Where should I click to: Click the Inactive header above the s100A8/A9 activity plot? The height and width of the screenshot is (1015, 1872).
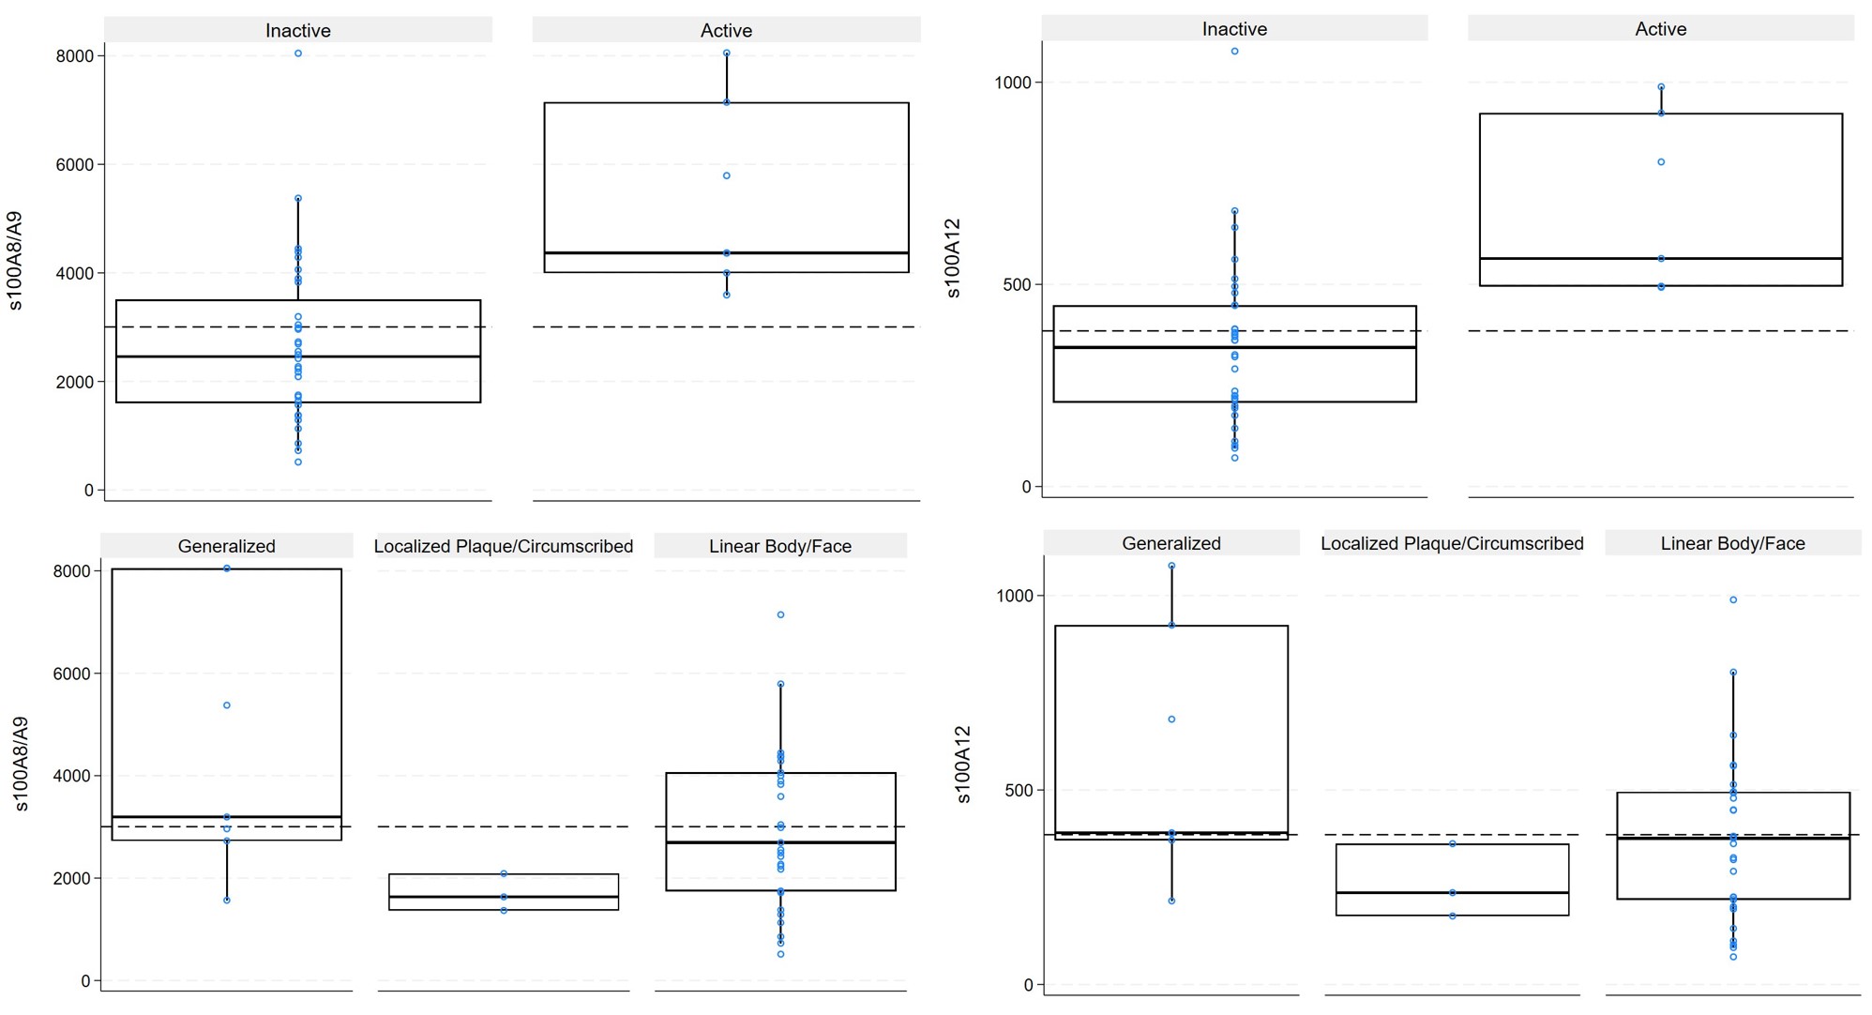coord(297,31)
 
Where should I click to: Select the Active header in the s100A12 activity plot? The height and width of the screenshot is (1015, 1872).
coord(1660,29)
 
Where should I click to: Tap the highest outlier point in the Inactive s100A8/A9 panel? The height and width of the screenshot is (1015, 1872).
coord(298,53)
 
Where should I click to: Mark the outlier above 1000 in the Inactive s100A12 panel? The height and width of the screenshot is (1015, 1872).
coord(1234,52)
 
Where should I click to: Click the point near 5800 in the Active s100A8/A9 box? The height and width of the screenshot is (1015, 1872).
coord(727,175)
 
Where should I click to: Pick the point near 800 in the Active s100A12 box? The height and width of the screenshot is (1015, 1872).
coord(1661,162)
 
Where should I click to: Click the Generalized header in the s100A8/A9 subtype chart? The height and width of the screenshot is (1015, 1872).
coord(226,546)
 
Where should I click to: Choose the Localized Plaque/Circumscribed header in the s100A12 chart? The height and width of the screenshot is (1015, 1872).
coord(1451,543)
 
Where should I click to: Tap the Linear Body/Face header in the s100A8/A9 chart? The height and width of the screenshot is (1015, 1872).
coord(779,546)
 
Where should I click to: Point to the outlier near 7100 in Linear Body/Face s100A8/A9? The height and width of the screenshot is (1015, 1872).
coord(780,614)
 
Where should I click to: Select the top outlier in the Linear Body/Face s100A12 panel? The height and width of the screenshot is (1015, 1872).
coord(1733,599)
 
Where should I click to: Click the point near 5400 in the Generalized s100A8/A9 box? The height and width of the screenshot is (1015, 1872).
coord(227,705)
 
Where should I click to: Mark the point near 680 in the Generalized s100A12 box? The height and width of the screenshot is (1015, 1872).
coord(1171,720)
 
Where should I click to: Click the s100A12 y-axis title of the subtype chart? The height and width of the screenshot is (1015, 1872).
coord(963,764)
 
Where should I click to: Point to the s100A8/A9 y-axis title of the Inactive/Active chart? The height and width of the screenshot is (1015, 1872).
coord(15,261)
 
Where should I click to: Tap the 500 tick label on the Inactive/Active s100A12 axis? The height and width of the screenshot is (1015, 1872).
coord(1017,284)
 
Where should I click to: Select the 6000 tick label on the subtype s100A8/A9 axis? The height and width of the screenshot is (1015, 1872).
coord(73,674)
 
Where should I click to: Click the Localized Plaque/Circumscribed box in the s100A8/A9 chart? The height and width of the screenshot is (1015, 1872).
coord(504,891)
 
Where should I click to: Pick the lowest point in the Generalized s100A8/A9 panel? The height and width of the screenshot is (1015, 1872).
coord(227,901)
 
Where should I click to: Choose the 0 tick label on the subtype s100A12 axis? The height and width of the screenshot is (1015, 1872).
coord(1028,985)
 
